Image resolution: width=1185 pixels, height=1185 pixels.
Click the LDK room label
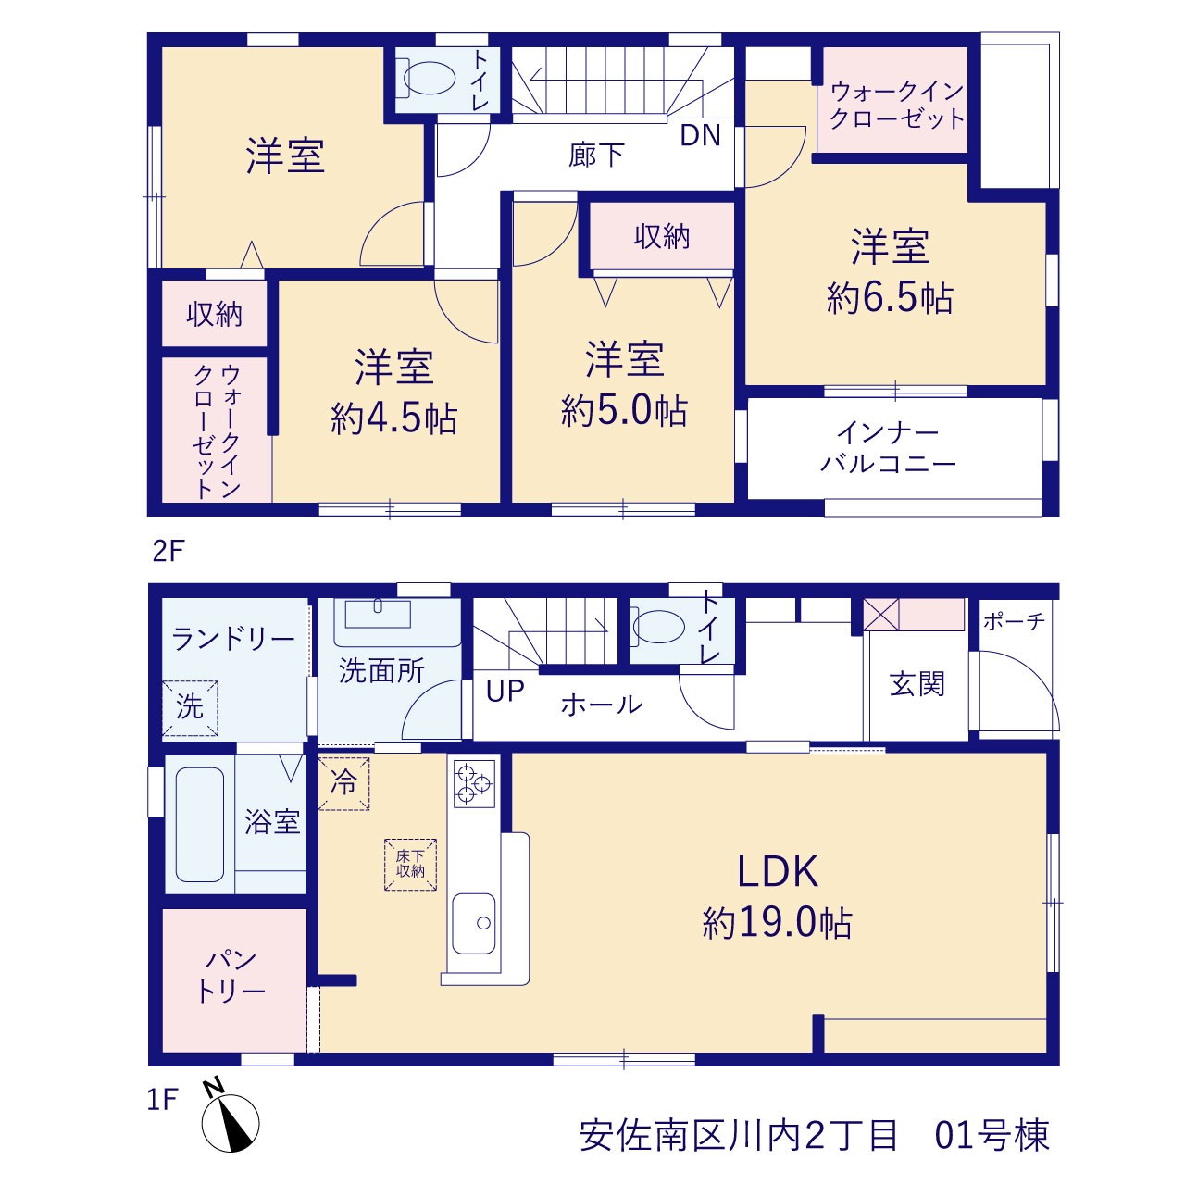(778, 871)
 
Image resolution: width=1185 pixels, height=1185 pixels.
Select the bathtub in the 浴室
(199, 825)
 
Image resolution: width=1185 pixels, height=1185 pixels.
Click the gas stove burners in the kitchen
(474, 784)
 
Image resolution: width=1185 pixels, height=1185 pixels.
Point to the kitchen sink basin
(473, 924)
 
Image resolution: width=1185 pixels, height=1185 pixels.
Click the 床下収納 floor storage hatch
(410, 865)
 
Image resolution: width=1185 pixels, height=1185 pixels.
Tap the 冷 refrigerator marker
(343, 783)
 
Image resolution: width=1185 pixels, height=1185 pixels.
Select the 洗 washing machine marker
(190, 708)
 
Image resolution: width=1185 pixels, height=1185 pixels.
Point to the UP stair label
(505, 692)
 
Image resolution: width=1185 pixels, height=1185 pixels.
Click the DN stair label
(701, 136)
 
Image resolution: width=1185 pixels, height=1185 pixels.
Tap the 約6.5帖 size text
(890, 298)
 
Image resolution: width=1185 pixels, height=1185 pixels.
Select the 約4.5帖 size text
(393, 418)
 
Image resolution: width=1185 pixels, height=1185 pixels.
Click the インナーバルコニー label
(888, 448)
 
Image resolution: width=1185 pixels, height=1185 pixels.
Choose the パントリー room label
(231, 976)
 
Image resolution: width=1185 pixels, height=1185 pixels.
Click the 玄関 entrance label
(917, 684)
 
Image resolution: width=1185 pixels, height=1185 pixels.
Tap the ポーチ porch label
(1014, 622)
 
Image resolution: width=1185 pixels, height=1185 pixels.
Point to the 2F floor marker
(168, 551)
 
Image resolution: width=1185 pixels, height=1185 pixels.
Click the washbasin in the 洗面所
(379, 615)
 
